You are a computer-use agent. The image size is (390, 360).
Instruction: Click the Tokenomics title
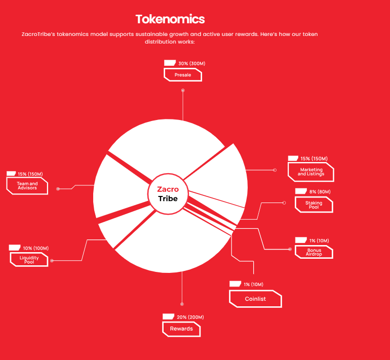click(170, 19)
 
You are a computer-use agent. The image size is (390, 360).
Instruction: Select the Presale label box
click(183, 75)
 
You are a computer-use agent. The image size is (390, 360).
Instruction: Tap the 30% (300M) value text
click(192, 63)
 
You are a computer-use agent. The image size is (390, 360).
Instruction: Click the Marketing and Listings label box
click(311, 172)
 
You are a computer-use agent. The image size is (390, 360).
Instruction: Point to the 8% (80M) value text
click(320, 192)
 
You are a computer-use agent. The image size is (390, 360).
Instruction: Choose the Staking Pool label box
click(314, 205)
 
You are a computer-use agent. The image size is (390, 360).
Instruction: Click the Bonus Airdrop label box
click(314, 252)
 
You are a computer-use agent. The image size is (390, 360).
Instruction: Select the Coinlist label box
click(255, 299)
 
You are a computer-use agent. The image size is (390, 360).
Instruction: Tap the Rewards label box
click(181, 329)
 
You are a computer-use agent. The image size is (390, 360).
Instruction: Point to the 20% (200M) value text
click(190, 317)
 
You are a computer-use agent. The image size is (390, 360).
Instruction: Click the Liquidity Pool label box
click(29, 260)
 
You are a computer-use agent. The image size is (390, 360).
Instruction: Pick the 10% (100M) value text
click(36, 248)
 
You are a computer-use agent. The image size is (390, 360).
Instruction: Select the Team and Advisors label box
click(27, 186)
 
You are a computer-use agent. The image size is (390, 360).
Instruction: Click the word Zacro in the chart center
click(168, 189)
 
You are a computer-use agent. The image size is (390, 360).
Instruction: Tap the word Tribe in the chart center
click(168, 198)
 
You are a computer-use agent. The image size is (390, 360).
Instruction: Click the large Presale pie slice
click(167, 147)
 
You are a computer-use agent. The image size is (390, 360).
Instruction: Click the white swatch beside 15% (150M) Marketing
click(293, 158)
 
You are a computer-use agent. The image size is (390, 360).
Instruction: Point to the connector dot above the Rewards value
click(182, 304)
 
